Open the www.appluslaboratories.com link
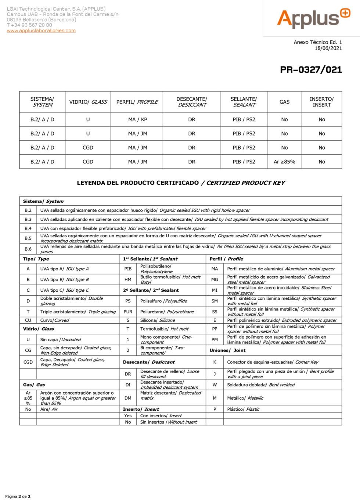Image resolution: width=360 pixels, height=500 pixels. (x=41, y=31)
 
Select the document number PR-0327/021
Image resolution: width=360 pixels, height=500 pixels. (x=311, y=70)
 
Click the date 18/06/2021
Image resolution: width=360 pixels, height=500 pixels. (x=328, y=48)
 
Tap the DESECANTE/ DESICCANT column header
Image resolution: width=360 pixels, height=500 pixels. (x=192, y=102)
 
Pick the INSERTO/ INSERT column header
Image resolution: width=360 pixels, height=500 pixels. (x=321, y=102)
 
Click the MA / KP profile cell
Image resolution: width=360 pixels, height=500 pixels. (x=137, y=119)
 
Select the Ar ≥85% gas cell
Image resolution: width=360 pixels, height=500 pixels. (x=284, y=162)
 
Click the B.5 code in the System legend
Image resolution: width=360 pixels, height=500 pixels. (x=28, y=238)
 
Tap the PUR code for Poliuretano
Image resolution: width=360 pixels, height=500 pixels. (x=128, y=312)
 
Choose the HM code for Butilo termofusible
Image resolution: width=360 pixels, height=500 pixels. (x=128, y=280)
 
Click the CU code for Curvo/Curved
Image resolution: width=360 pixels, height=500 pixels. (x=28, y=320)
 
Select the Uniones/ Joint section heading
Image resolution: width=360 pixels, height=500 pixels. (x=227, y=350)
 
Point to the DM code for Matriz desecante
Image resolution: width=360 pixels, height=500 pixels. (x=128, y=398)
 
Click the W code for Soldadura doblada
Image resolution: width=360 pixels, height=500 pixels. (x=215, y=385)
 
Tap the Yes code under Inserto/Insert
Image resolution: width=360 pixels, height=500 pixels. (x=128, y=416)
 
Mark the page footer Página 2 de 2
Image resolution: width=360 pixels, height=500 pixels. (x=18, y=496)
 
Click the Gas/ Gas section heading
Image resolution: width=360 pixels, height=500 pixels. (x=34, y=385)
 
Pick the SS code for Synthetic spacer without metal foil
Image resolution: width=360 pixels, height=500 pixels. (x=215, y=312)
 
